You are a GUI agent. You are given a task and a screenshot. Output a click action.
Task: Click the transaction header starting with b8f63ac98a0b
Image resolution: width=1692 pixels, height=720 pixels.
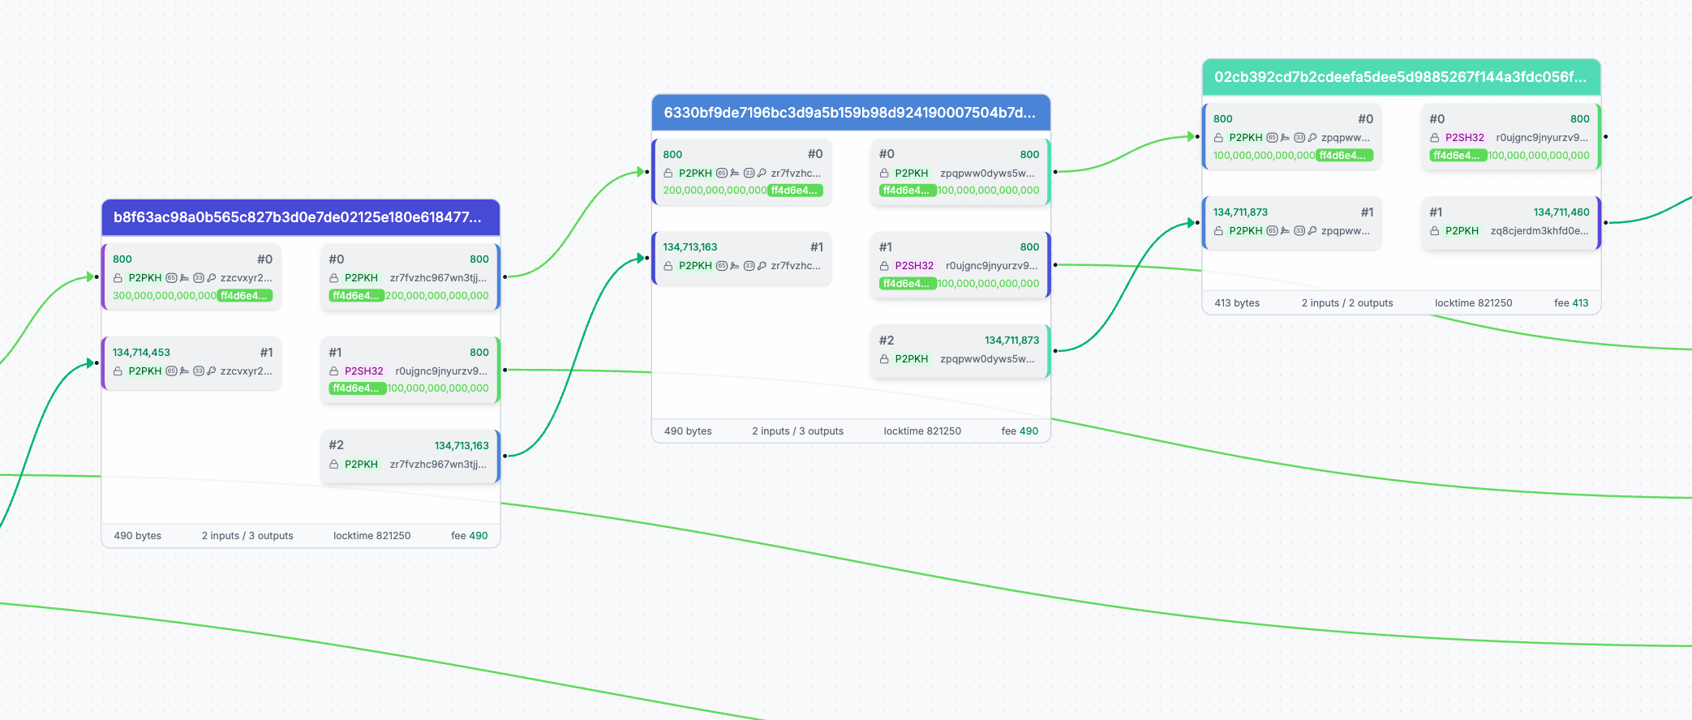pos(298,217)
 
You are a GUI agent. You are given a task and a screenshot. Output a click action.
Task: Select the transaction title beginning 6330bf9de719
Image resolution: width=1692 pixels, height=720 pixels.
pos(849,113)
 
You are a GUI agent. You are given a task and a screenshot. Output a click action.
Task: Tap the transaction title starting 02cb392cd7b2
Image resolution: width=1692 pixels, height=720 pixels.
pos(1400,77)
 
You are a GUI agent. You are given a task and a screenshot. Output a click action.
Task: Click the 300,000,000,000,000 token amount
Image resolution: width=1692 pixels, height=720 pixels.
pos(165,296)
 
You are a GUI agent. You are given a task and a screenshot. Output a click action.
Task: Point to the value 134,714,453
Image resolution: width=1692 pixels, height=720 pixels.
pos(141,353)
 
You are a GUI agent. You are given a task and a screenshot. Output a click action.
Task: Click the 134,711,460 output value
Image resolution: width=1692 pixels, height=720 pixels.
pos(1561,212)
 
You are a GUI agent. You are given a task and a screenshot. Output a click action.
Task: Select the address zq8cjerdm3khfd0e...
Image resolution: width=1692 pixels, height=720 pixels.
pos(1540,231)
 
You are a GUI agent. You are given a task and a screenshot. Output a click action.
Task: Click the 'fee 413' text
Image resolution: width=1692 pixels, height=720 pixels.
pos(1571,303)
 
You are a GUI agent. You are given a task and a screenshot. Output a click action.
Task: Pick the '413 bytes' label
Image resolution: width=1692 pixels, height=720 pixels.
pos(1237,303)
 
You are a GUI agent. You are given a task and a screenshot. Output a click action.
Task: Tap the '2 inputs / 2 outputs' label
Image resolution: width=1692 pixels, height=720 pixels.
pos(1347,303)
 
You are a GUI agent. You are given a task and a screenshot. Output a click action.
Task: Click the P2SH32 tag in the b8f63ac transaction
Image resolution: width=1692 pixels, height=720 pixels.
pos(363,371)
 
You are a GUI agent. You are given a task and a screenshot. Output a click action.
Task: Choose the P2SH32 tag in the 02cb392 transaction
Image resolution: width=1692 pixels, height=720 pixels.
pos(1465,138)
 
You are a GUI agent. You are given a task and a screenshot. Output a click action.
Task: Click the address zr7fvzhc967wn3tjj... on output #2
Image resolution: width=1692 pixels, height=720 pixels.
pos(438,465)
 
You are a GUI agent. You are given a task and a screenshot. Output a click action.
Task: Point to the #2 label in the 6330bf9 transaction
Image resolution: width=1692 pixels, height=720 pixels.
pos(887,341)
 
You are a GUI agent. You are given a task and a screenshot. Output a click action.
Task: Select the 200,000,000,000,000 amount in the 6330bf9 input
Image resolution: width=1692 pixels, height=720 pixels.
pos(715,191)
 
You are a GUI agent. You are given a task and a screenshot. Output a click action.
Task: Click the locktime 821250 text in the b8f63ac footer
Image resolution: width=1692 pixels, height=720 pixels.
pos(371,536)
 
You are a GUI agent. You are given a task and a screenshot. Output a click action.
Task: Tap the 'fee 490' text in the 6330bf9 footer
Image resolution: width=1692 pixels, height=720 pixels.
pos(1020,431)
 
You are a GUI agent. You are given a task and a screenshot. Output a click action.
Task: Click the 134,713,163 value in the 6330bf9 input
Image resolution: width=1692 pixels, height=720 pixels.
pos(690,247)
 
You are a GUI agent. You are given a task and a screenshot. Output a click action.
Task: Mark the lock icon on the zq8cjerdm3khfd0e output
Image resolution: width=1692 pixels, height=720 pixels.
pos(1435,231)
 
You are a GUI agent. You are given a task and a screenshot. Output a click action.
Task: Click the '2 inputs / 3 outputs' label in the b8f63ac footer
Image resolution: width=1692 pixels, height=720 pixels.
pos(247,536)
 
